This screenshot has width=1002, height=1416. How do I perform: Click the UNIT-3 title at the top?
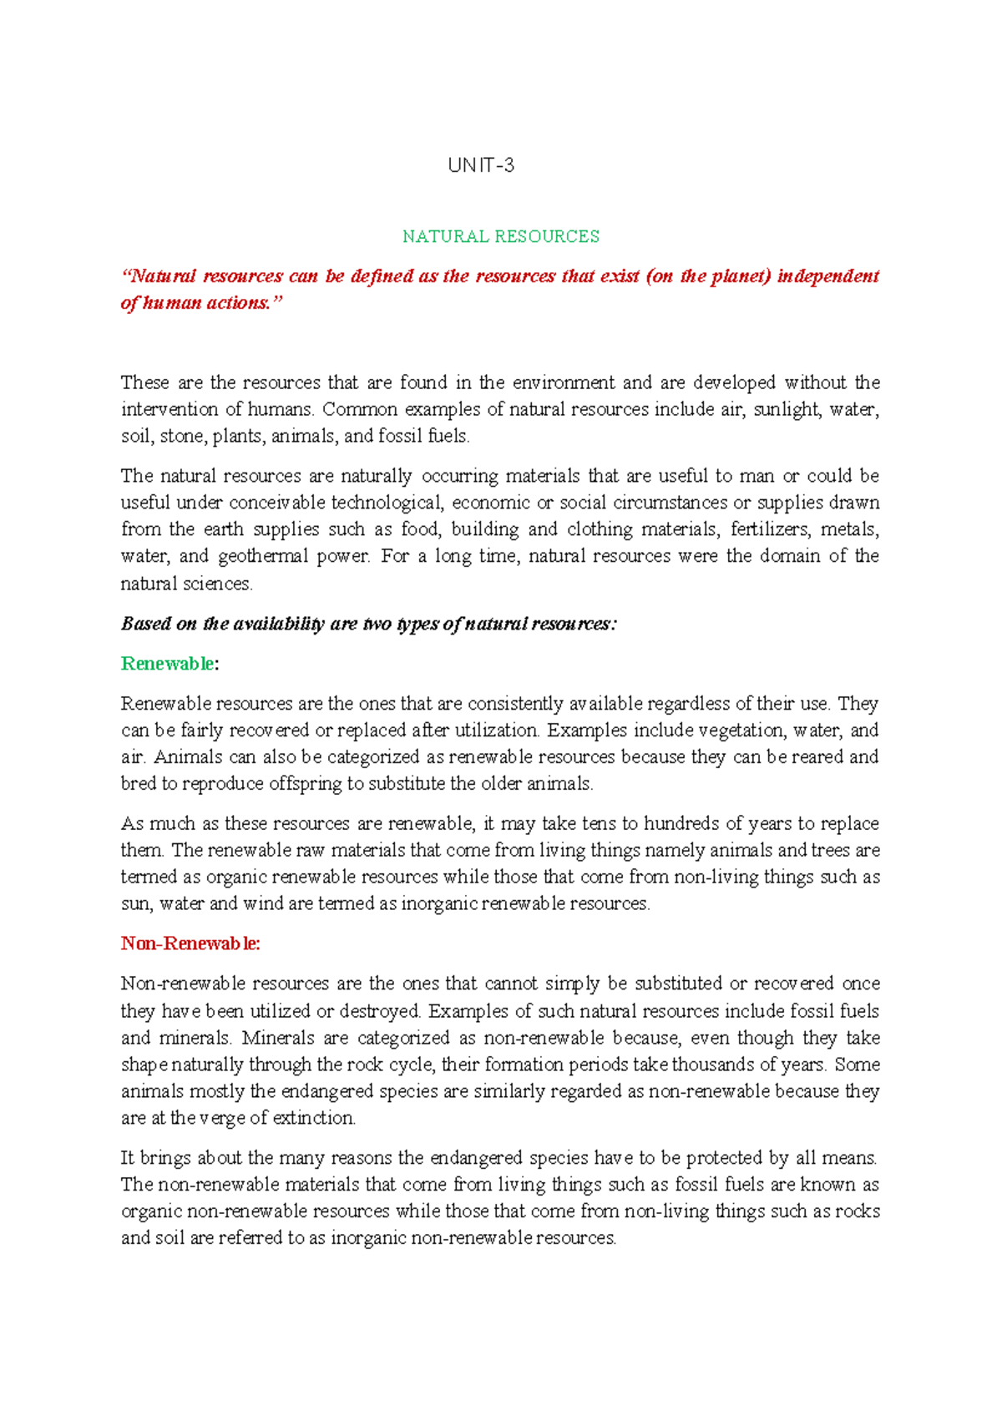coord(481,165)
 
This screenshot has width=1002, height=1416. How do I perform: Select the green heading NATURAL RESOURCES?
coord(500,236)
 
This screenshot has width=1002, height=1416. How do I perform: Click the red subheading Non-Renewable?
coord(190,943)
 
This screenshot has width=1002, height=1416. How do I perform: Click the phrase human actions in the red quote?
coord(207,303)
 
